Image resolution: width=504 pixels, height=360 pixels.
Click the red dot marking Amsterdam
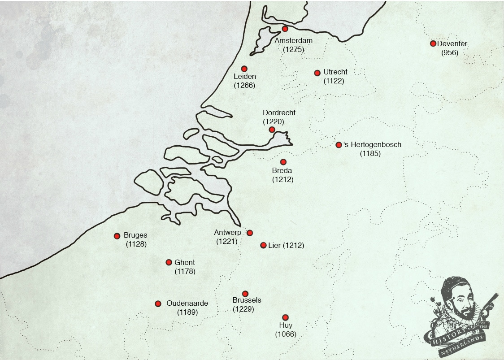pos(285,29)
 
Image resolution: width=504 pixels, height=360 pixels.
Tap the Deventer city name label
pos(452,44)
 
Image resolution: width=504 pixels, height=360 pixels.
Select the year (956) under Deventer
pos(450,53)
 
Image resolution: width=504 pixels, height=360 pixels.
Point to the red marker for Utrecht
pos(317,73)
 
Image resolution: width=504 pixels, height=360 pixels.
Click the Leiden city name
pos(245,77)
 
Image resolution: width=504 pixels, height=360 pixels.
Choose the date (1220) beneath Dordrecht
pos(274,121)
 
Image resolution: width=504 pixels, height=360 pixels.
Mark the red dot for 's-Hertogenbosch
pos(339,145)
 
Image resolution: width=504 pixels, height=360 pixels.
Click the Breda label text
pos(282,171)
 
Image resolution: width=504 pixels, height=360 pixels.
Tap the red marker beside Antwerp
pos(250,233)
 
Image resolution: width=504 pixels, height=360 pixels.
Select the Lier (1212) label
pos(286,246)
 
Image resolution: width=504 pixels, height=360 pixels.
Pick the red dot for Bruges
pos(117,236)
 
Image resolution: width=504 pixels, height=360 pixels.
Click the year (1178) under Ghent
pos(185,271)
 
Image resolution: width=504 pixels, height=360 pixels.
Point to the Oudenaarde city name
pos(187,304)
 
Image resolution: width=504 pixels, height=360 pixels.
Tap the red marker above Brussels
pos(245,294)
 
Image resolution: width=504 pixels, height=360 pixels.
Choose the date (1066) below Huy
pos(286,334)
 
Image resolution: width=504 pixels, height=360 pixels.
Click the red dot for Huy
pos(285,317)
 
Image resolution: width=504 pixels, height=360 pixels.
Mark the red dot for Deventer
pos(433,43)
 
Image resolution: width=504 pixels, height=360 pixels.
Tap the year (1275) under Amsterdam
pos(294,49)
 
